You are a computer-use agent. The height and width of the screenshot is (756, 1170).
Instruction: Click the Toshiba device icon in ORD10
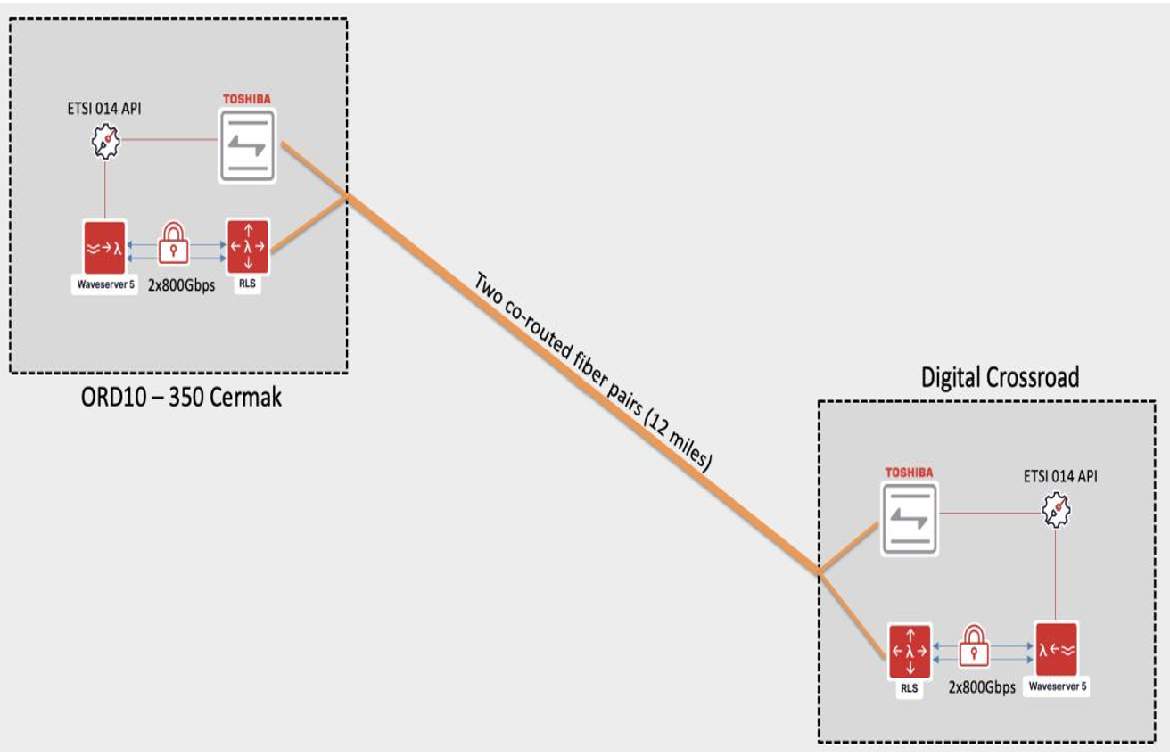247,145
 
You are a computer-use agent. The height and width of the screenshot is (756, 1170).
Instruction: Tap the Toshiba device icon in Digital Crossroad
910,518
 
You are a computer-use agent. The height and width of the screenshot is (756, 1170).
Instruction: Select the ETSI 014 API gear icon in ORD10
106,142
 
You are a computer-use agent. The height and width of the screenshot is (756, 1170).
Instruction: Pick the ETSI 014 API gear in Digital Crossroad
1057,512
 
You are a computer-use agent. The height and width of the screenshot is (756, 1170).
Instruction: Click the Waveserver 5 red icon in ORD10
104,247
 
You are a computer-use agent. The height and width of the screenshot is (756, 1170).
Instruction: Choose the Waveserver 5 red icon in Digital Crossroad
1058,651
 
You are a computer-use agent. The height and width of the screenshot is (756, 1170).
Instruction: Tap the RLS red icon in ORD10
247,247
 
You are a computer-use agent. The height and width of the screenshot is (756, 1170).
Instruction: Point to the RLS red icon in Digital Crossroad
910,652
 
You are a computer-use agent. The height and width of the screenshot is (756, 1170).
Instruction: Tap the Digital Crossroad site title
1000,377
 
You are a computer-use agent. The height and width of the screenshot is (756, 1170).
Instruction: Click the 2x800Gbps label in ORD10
181,286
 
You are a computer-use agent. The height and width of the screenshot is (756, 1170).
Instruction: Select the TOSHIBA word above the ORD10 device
247,99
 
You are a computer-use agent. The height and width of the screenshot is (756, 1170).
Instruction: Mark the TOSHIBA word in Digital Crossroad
908,472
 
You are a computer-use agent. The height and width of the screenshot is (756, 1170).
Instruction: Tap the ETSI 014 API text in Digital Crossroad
1060,477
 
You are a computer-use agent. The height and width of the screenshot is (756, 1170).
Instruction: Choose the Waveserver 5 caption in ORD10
104,285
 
